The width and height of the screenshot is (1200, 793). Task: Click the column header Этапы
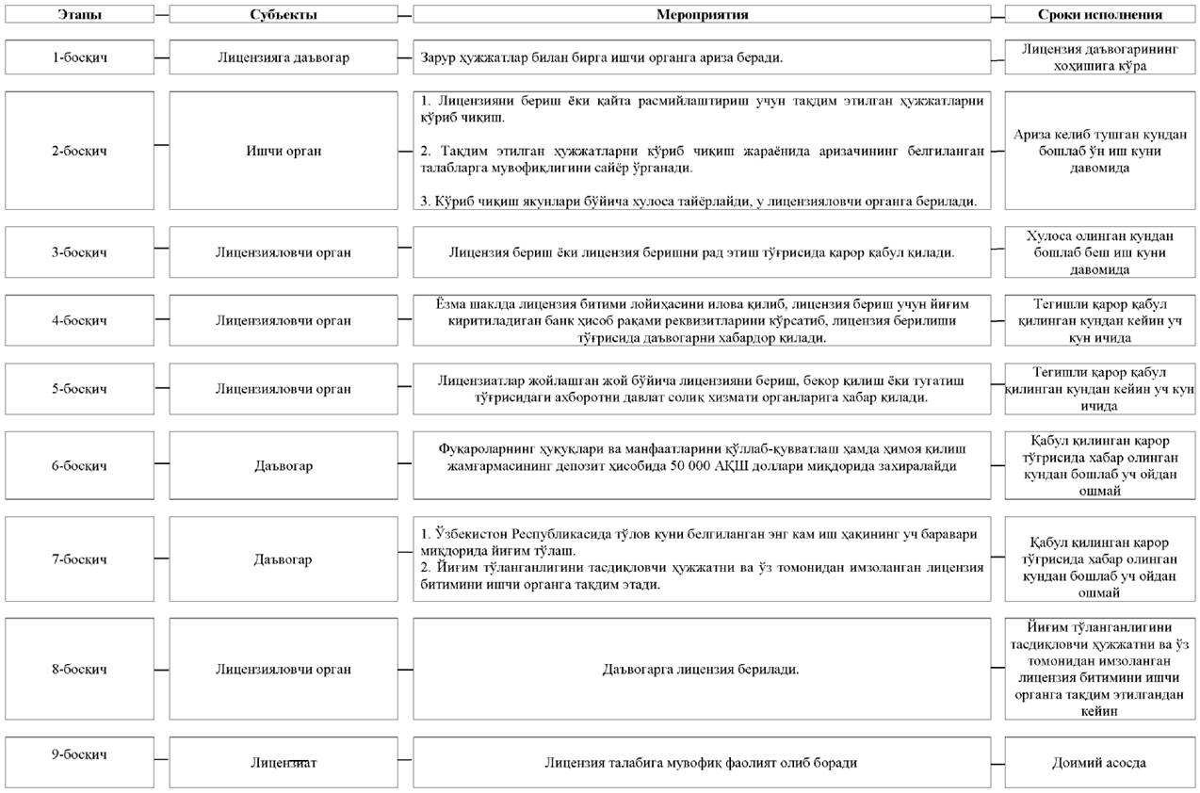tap(79, 15)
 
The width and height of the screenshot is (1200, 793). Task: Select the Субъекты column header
tap(284, 15)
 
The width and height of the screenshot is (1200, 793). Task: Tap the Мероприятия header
tap(702, 15)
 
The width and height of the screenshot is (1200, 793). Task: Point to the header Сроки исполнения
tap(1099, 15)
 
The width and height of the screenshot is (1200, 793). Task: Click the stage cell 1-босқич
tap(79, 57)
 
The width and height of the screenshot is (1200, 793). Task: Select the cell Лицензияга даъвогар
tap(284, 57)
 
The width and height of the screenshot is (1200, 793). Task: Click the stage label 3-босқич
tap(79, 251)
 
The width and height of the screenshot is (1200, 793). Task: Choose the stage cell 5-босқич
tap(79, 388)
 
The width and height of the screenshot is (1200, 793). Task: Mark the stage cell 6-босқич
tap(79, 465)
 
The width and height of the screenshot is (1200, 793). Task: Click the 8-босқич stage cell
tap(79, 670)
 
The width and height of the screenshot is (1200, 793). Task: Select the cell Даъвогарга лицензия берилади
tap(702, 670)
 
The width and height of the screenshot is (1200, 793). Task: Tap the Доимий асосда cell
tap(1099, 763)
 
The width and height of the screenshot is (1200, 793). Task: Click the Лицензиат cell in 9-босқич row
tap(284, 763)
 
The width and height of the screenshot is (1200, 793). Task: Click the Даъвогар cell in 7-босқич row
tap(284, 558)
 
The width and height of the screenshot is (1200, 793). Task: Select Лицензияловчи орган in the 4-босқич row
tap(284, 319)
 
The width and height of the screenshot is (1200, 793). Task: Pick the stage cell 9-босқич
tap(79, 754)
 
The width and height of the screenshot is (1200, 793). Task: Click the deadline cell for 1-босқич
tap(1099, 57)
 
